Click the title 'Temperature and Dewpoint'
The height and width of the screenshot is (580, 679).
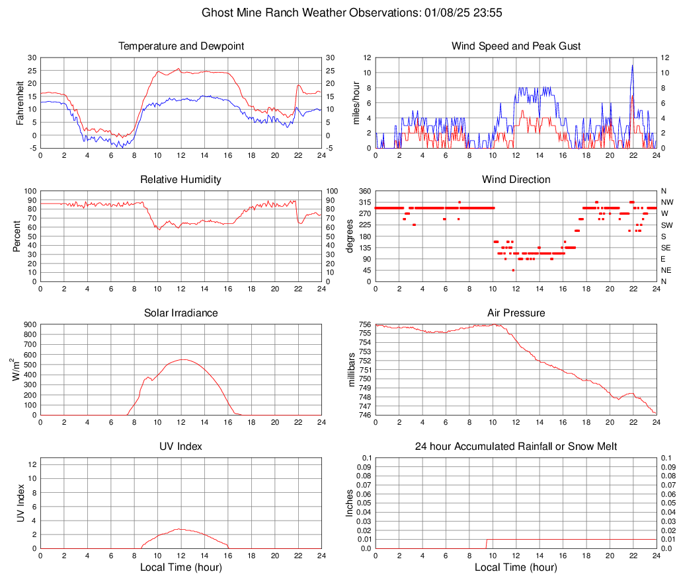[181, 46]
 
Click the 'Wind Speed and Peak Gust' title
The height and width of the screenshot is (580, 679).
[516, 46]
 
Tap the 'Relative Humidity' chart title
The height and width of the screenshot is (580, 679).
[181, 180]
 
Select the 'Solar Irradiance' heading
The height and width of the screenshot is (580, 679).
[181, 313]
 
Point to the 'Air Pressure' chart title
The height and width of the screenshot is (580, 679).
[516, 313]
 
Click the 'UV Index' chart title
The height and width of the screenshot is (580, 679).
[181, 447]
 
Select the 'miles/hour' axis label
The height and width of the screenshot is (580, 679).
[357, 103]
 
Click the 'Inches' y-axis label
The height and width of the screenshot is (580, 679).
[350, 503]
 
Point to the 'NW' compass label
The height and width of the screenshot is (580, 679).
[666, 202]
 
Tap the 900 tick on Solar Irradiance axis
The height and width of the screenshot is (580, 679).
[28, 324]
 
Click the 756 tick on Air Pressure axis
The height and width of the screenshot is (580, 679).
[364, 324]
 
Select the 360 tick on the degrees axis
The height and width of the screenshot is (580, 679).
[364, 191]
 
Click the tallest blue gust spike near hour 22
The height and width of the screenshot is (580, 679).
[633, 65]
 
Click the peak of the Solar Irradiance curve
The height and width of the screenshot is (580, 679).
[182, 359]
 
